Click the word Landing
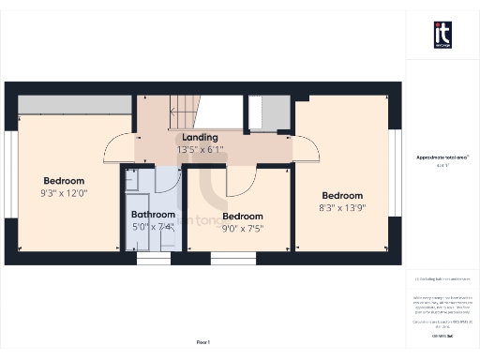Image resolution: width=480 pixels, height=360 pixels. (x=200, y=138)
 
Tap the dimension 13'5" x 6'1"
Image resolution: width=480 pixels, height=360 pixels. (x=200, y=149)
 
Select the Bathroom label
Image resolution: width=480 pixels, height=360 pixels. (x=152, y=214)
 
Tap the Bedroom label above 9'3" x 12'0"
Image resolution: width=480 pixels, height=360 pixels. (x=64, y=181)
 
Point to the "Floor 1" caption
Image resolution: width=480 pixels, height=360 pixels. (x=203, y=343)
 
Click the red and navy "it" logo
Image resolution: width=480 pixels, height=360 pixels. (x=442, y=35)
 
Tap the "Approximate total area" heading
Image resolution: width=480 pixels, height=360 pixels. (x=442, y=157)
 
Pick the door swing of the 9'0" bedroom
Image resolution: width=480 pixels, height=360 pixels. (x=243, y=178)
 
